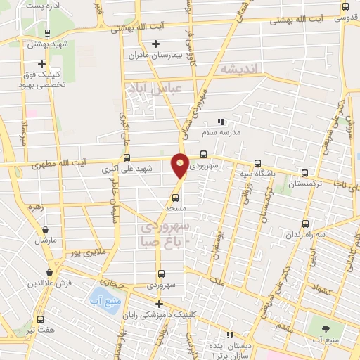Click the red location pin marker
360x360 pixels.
[x=181, y=165]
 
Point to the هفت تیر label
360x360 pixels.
[x=40, y=328]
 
